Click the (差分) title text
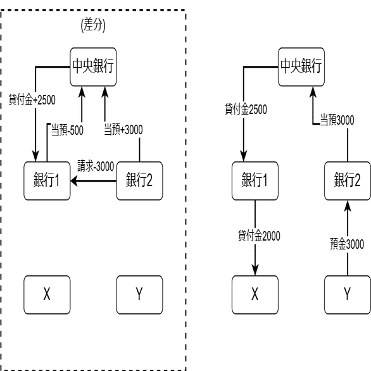93,25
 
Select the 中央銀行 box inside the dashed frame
93,66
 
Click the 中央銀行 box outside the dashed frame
301,66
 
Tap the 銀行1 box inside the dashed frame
47,181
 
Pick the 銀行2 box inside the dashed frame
139,181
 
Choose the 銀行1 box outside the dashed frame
255,181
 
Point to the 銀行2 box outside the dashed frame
348,181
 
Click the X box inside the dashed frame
47,295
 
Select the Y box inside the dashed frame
139,295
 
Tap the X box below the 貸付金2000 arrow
255,295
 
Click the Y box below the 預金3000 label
348,295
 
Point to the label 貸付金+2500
32,99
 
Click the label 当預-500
67,130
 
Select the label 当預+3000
123,130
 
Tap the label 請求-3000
96,166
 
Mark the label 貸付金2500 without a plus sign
246,109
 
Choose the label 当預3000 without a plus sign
337,120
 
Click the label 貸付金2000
259,236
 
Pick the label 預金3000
347,244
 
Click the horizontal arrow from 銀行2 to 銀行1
93,181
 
